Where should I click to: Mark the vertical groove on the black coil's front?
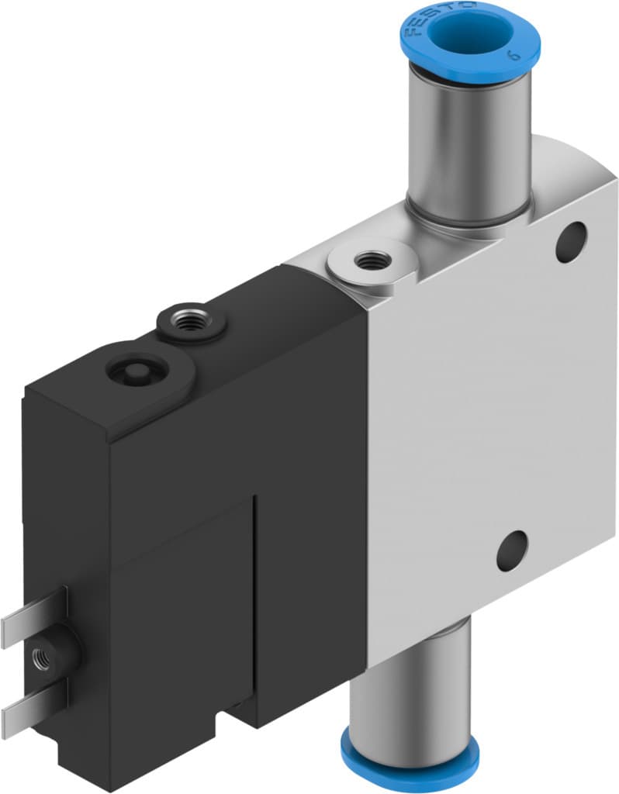254,589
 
